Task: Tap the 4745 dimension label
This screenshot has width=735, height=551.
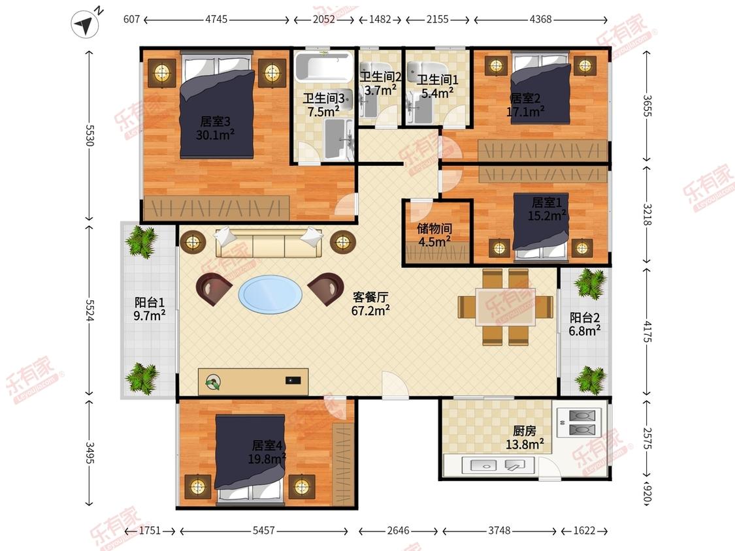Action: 216,20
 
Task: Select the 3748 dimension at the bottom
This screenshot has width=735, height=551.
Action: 499,530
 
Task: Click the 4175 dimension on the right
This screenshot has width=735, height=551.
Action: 647,332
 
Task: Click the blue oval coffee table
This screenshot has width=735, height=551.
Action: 270,294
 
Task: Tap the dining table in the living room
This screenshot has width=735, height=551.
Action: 505,307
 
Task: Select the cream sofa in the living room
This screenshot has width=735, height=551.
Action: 269,243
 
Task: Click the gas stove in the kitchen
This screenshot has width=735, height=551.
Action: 581,422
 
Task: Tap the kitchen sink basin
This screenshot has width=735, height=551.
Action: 482,465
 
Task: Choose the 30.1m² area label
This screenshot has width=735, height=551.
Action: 215,135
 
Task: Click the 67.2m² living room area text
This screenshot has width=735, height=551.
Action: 370,310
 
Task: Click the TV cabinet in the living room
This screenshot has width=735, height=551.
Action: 253,382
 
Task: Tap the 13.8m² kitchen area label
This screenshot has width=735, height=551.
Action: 525,444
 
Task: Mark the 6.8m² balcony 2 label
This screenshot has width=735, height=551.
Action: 585,331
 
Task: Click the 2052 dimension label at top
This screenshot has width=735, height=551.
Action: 324,20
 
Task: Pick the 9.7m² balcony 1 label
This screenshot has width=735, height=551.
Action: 149,315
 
